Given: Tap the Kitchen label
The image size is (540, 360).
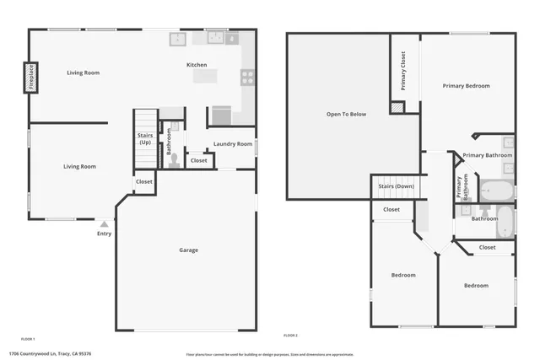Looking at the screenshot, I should tap(197, 65).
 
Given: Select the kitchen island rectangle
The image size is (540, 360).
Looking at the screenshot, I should tap(204, 77).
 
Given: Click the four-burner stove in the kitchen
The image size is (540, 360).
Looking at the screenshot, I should tap(247, 78).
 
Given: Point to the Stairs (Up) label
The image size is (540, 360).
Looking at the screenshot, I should tap(145, 139).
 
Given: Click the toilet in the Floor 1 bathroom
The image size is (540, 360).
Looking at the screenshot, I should tap(175, 158).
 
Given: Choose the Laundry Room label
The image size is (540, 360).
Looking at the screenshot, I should tap(233, 144).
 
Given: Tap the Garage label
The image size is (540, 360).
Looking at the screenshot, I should tap(188, 250).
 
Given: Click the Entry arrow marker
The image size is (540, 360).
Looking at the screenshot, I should tap(104, 224).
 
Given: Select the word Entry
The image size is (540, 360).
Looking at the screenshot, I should tap(104, 234).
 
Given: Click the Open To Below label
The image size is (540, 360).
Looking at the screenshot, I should tap(346, 114).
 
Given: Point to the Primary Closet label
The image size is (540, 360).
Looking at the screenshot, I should tap(403, 72).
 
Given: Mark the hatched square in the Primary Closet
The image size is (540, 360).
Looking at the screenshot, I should tap(397, 108).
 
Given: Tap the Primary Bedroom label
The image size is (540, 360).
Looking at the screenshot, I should tap(466, 86).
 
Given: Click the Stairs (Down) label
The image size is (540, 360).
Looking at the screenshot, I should tap(396, 186).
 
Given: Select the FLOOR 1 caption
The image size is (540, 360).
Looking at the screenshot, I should tap(28, 338).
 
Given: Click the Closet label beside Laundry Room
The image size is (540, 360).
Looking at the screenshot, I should tap(199, 160).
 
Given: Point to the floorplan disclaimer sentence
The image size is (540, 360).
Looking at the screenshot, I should tap(270, 354).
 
